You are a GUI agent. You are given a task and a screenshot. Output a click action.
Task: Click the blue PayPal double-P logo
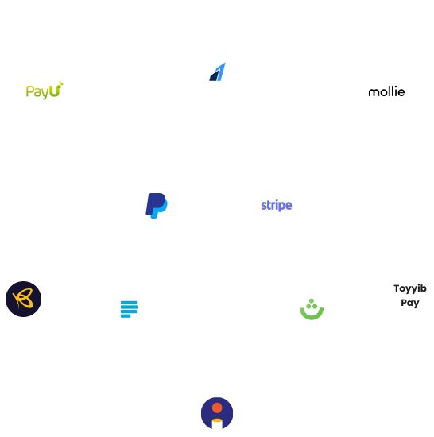click(156, 206)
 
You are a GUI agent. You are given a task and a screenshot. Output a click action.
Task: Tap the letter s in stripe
click(264, 206)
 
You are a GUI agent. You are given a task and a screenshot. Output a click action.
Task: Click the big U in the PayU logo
click(55, 91)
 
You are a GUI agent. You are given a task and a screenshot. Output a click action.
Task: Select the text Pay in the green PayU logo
click(37, 92)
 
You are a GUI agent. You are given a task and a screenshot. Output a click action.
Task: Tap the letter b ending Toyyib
click(424, 288)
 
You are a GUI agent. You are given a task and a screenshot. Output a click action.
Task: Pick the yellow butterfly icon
click(21, 299)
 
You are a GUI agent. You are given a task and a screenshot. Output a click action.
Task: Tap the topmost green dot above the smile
click(311, 300)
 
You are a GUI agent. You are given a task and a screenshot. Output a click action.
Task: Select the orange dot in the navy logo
click(217, 407)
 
